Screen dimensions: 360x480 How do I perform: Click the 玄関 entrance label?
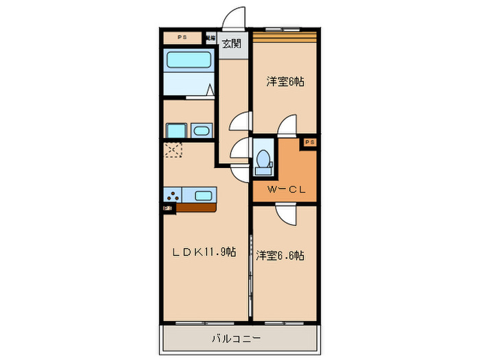(x=232, y=45)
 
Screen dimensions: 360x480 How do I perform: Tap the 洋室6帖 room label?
(x=285, y=82)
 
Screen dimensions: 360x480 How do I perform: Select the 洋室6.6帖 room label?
(x=280, y=255)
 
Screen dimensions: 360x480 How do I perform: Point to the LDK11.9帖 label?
(x=204, y=252)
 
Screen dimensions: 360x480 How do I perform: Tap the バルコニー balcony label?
(x=239, y=338)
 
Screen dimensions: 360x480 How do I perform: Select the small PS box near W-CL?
(x=309, y=142)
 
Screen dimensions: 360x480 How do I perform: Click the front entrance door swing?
(x=235, y=18)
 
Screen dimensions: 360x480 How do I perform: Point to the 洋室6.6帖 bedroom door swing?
(x=286, y=215)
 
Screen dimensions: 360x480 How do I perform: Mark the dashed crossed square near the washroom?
(x=172, y=149)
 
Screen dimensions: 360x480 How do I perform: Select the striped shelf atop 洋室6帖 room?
(x=285, y=34)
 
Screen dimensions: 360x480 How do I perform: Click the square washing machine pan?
(x=176, y=131)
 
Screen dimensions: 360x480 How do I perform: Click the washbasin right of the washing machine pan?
(x=202, y=130)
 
